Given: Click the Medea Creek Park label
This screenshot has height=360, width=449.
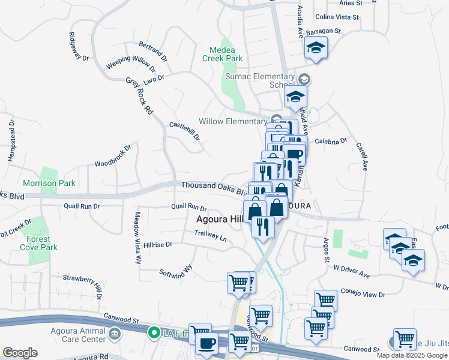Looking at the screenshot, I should click(226, 54).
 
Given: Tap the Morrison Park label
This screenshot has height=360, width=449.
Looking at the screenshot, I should click(49, 183).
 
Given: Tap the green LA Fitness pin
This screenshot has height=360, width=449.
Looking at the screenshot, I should click(154, 332).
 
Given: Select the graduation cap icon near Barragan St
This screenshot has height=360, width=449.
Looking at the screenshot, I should click(315, 48).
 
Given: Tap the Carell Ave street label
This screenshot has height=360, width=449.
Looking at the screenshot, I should click(361, 156).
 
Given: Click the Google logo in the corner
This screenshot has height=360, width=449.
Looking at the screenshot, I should click(20, 353).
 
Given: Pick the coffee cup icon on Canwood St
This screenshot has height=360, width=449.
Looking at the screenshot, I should click(207, 344).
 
